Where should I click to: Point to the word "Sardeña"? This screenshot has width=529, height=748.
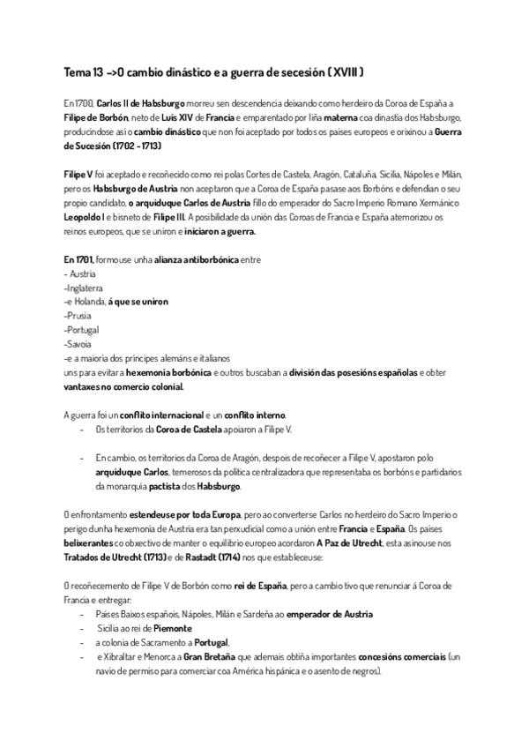(x=252, y=614)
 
